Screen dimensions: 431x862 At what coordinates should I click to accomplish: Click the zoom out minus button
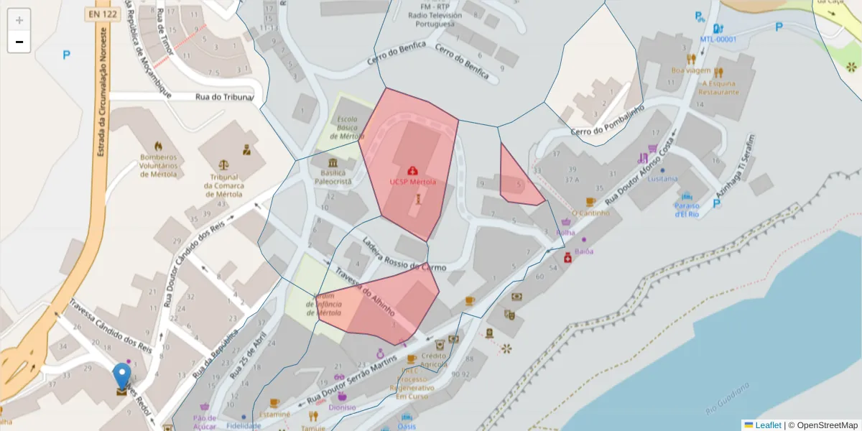(19, 42)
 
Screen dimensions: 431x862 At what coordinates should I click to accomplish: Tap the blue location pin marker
(122, 376)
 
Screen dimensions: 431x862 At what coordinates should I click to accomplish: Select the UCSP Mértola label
(412, 182)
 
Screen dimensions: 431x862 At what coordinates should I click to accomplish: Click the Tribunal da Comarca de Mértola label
(228, 185)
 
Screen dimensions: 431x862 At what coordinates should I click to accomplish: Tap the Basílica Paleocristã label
(333, 177)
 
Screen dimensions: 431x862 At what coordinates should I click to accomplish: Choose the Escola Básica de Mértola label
(347, 128)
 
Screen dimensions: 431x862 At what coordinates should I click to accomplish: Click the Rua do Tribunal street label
(225, 97)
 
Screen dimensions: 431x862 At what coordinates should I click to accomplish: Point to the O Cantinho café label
(591, 213)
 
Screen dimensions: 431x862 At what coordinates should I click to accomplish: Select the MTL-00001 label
(718, 40)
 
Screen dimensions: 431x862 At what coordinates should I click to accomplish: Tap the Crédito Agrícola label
(434, 360)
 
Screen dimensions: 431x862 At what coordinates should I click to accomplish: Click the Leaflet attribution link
(767, 425)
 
